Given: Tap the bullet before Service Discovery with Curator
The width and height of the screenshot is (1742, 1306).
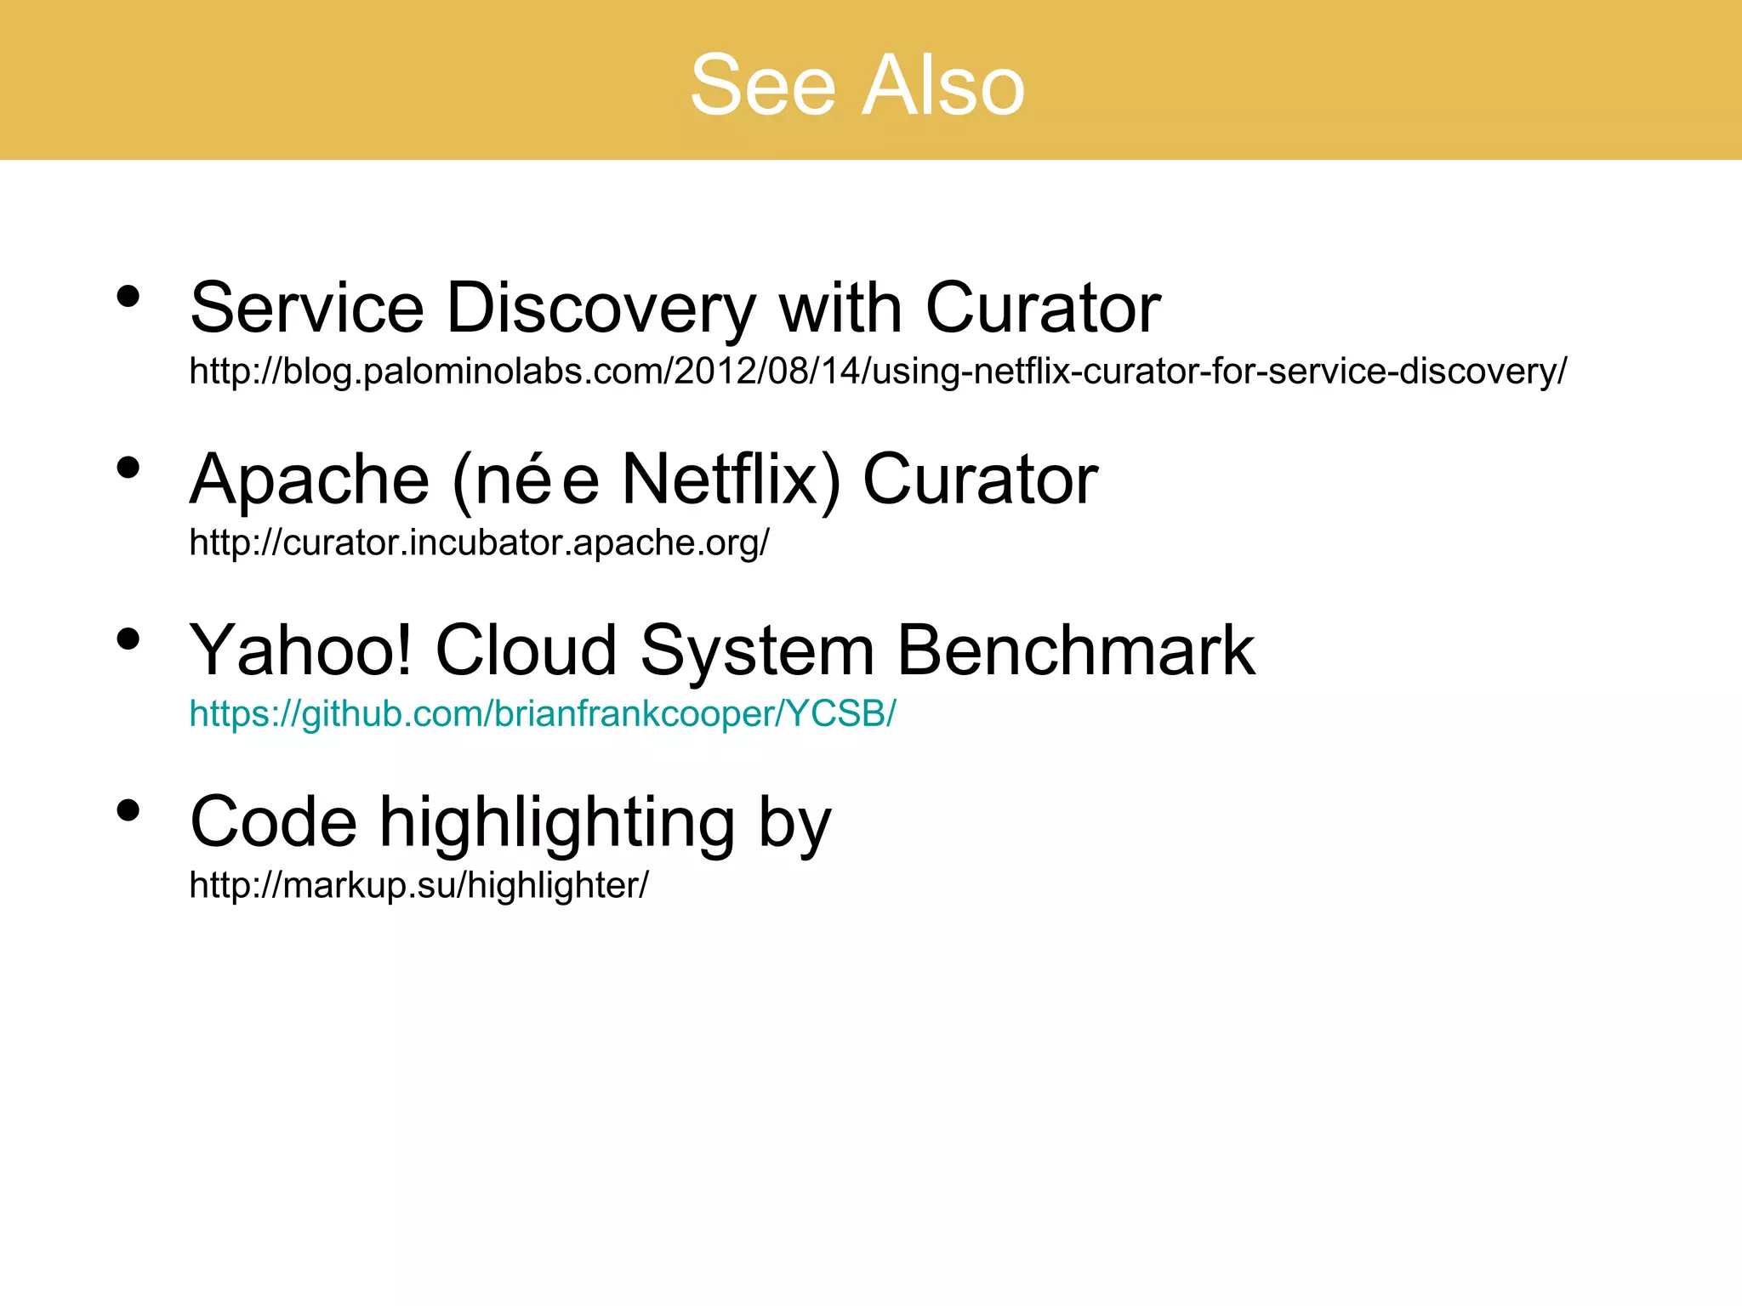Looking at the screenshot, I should [x=128, y=297].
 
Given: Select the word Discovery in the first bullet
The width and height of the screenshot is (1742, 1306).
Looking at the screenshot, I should [x=601, y=308].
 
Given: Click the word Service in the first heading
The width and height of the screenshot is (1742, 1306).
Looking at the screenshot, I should [x=306, y=308].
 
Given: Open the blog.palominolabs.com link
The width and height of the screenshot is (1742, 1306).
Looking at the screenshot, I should [x=877, y=372].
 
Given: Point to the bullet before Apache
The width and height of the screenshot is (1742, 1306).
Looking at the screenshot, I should [x=128, y=468].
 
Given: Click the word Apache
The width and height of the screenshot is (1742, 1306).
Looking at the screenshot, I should [x=310, y=480].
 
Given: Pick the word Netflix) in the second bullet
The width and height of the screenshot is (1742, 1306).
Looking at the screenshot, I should [x=732, y=480].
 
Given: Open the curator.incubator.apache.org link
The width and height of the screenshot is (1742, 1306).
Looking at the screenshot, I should [x=479, y=542].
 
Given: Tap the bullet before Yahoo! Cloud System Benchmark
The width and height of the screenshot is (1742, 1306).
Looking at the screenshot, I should [x=128, y=639].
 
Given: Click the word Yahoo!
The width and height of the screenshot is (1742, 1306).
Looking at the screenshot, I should [x=300, y=650].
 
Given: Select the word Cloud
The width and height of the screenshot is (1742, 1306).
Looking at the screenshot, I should [x=526, y=650].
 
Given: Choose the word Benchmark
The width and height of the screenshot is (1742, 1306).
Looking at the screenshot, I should [x=1075, y=650].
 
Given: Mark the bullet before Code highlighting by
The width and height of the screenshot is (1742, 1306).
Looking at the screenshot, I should [x=128, y=810].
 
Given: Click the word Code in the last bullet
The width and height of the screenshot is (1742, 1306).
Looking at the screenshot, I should [x=273, y=822].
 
